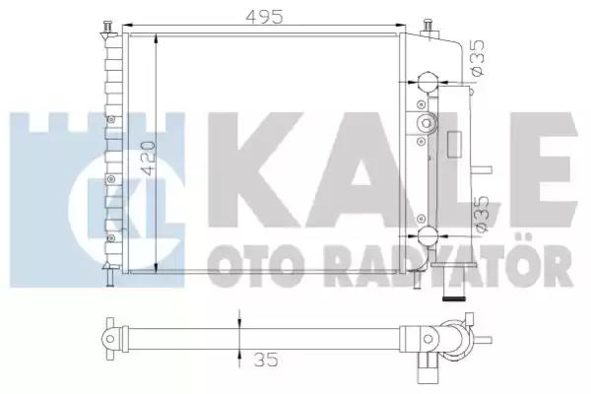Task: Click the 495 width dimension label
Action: click(x=264, y=16)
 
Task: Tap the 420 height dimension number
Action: click(x=147, y=159)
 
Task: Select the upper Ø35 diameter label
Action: click(x=478, y=58)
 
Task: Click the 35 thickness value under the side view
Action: click(x=266, y=360)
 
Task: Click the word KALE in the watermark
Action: click(x=392, y=170)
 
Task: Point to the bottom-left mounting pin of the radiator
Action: click(x=109, y=275)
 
